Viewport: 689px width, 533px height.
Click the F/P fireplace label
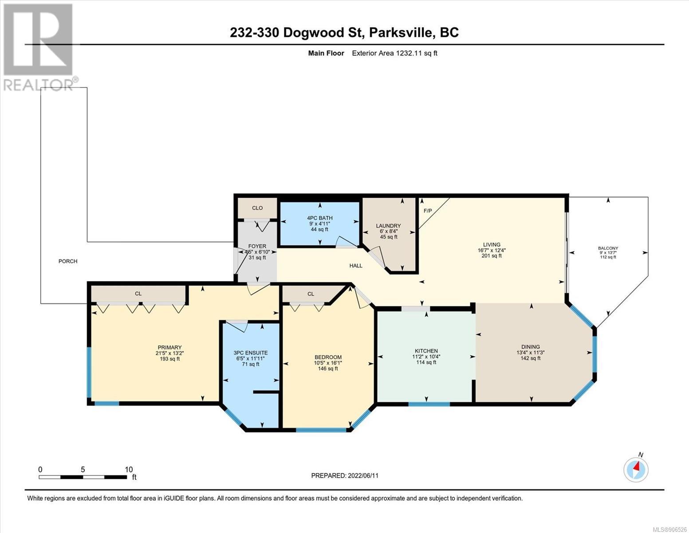428,211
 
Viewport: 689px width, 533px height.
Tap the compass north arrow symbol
636,469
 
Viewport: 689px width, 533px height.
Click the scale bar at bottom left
83,477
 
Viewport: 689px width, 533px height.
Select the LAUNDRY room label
388,226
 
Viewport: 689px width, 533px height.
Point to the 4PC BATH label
319,218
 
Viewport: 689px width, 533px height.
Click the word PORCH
68,261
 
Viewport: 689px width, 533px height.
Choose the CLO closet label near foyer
257,208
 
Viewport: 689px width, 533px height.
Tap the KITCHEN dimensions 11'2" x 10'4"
426,356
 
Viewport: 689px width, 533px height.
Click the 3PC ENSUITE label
251,353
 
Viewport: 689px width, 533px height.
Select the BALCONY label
608,248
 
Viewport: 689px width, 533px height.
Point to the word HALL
356,266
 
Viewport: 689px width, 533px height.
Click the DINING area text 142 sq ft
531,358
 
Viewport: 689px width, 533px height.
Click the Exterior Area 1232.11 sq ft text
394,53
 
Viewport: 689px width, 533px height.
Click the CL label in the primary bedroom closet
138,294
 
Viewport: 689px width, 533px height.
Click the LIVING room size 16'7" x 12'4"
492,250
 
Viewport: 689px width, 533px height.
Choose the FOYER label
257,246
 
